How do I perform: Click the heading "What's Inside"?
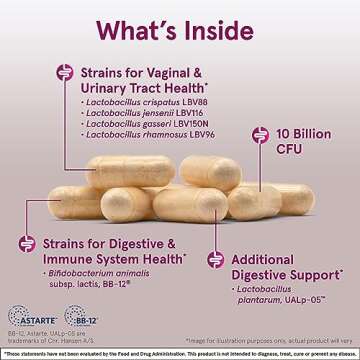[x=180, y=31]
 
